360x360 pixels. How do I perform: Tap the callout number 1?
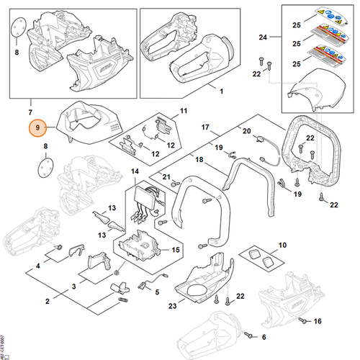coord(221,91)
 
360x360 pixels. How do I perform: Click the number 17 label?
coord(205,127)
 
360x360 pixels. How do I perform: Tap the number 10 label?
coord(282,246)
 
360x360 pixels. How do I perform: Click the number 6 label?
coord(263,337)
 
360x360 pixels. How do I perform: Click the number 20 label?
coord(246,131)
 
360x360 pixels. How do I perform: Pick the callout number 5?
coord(158,292)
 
